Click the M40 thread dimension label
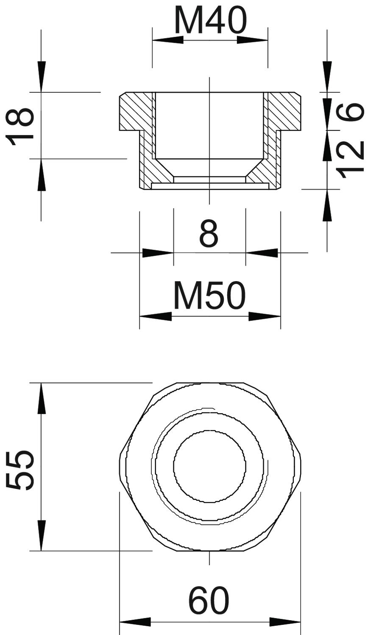210,20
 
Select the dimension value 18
20,126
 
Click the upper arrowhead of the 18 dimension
42,77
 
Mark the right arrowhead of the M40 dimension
253,40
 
